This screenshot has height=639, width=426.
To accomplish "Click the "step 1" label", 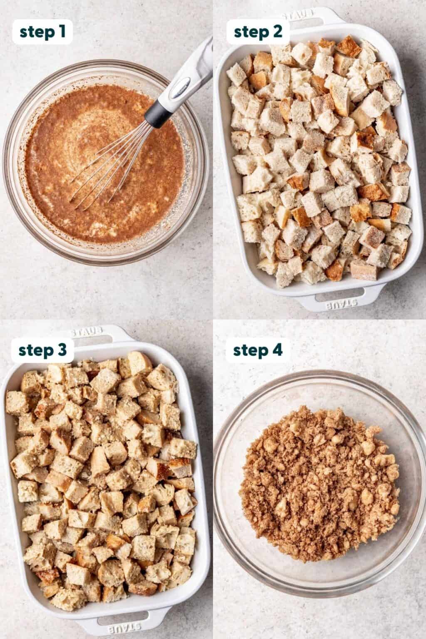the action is click(42, 32).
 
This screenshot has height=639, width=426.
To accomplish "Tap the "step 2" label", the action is click(258, 32).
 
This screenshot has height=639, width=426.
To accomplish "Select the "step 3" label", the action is click(42, 351).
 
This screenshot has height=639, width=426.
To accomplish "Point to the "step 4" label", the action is click(258, 351).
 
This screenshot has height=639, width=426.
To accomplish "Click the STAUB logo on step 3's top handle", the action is click(87, 332).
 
